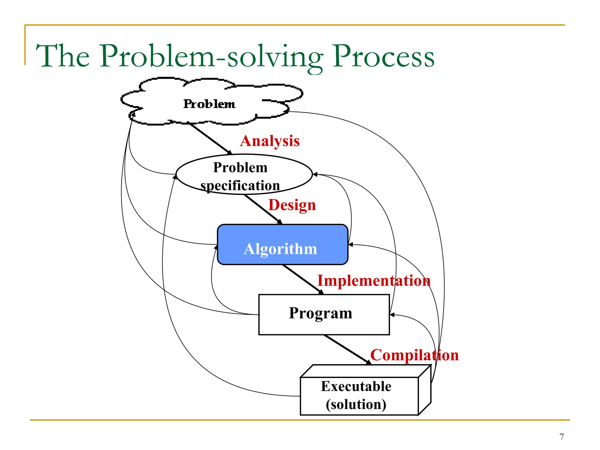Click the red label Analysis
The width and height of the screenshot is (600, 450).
click(270, 141)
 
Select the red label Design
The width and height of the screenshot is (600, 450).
click(292, 205)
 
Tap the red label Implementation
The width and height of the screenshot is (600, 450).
click(374, 281)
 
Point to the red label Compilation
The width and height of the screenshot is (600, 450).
click(414, 355)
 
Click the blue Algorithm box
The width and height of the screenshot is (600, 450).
click(282, 245)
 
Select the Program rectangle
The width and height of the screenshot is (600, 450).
click(324, 314)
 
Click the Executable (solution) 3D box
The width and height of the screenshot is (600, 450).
click(359, 396)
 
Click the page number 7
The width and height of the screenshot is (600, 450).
click(561, 437)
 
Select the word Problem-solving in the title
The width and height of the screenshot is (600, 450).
click(211, 57)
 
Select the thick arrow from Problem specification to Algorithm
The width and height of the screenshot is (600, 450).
click(263, 209)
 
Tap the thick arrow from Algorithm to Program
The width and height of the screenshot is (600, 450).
click(303, 279)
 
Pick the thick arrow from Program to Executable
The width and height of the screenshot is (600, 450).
click(347, 350)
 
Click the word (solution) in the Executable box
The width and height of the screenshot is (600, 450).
click(356, 405)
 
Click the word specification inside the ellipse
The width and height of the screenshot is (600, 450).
click(240, 186)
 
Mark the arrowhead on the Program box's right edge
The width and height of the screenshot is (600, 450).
click(392, 315)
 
